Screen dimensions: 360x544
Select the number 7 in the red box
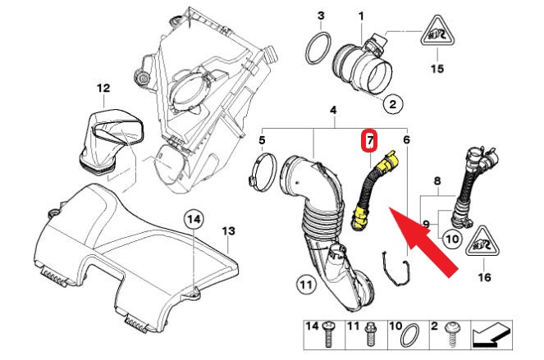click(x=370, y=141)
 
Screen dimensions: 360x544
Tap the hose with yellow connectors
click(x=363, y=192)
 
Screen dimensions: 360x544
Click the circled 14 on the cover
click(x=193, y=219)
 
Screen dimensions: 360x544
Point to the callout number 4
click(x=333, y=111)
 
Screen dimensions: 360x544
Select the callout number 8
click(x=437, y=180)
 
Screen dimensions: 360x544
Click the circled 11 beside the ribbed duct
click(x=305, y=285)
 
